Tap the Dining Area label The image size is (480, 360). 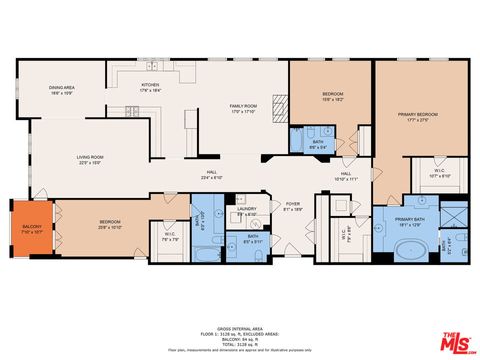pos(62,90)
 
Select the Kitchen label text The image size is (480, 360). pos(150,87)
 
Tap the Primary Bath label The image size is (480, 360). pos(410,221)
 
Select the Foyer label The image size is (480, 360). pos(292,205)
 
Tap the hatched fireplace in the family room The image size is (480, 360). pos(280,108)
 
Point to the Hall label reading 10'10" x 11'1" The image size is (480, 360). pos(345,176)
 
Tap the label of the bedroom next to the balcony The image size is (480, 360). pos(109,225)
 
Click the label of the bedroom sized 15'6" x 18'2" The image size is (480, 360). pos(332,97)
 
